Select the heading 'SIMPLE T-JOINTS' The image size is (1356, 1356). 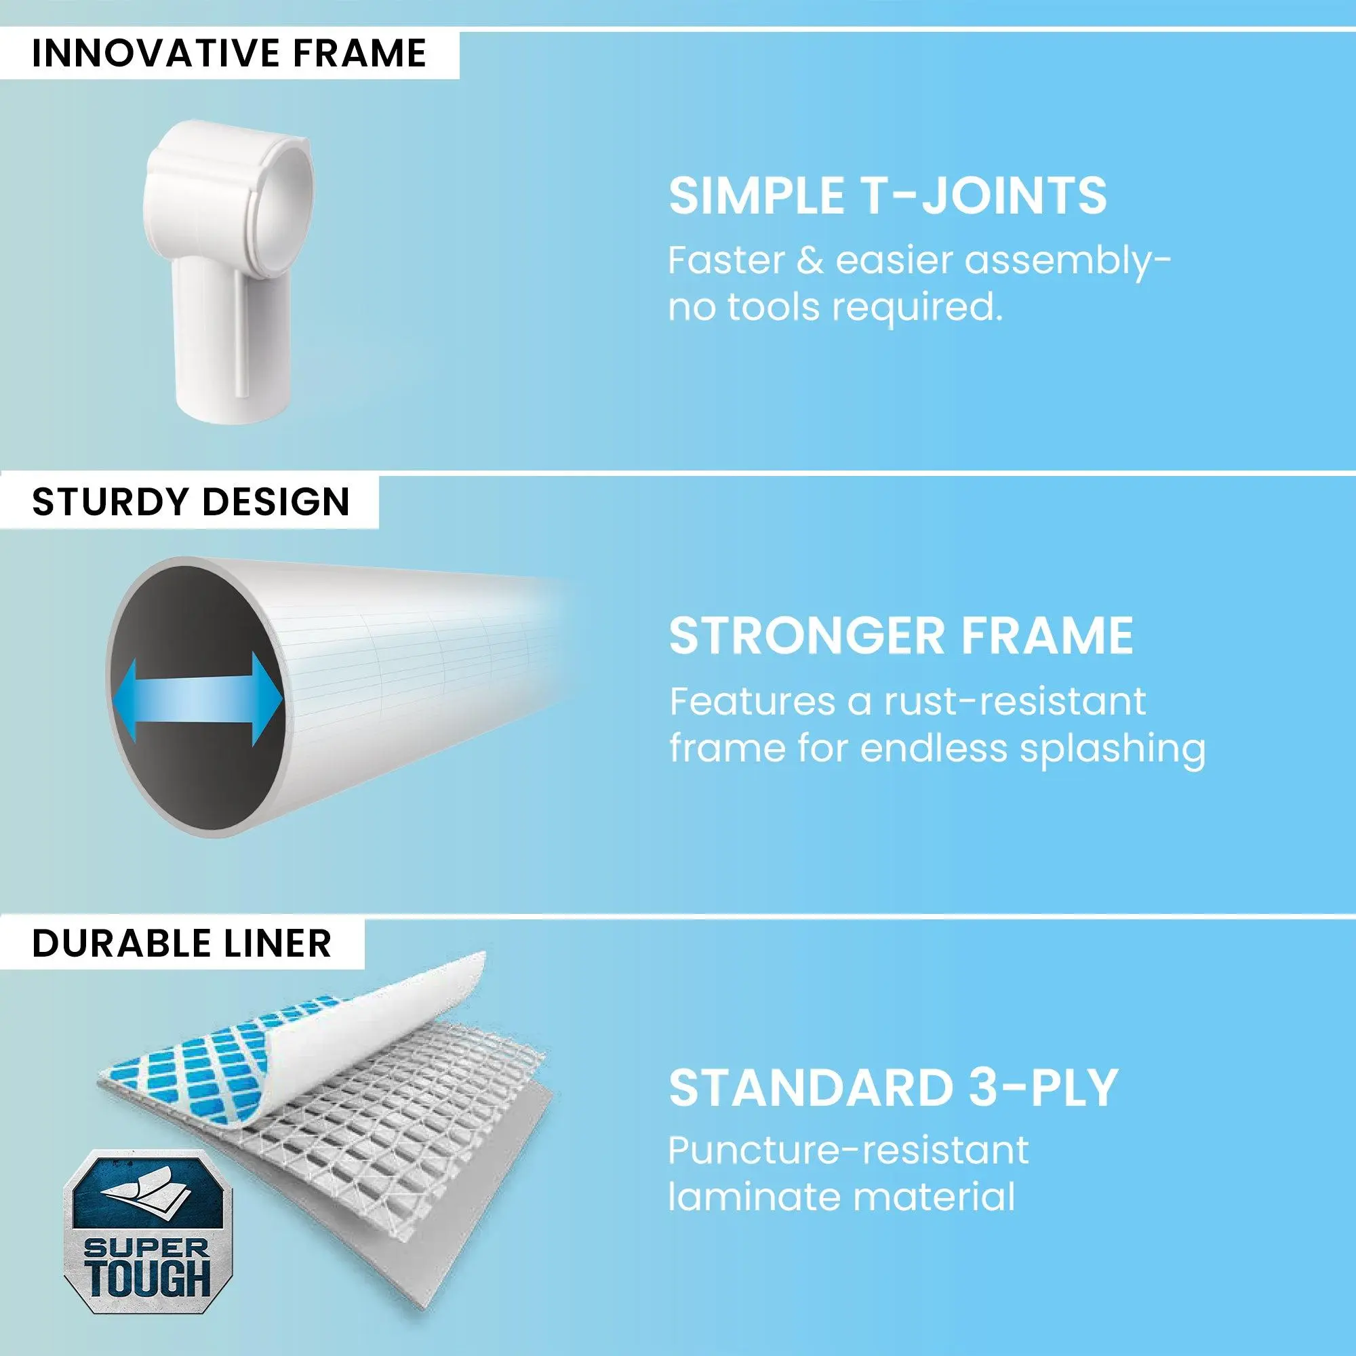tap(887, 196)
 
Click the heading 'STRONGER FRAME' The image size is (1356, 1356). tap(901, 636)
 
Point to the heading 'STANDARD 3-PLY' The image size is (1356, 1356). tap(893, 1088)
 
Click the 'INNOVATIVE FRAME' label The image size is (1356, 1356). tap(230, 54)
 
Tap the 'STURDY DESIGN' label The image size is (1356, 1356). tap(191, 502)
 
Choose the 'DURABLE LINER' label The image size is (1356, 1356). tap(182, 942)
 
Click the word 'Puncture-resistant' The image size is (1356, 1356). tap(848, 1151)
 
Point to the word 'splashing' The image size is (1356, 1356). tap(1113, 750)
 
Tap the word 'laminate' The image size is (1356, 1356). tap(763, 1197)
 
